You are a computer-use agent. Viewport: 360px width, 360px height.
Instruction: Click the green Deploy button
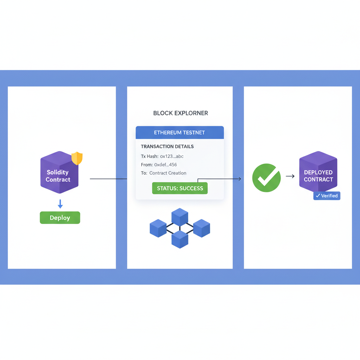tap(60, 218)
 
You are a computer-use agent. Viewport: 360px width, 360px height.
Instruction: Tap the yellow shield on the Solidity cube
tap(77, 158)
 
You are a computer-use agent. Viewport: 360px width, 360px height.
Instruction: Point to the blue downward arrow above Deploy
tap(60, 204)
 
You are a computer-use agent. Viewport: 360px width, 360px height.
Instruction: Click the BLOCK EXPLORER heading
tap(180, 113)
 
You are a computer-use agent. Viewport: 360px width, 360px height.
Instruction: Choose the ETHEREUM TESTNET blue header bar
tap(180, 133)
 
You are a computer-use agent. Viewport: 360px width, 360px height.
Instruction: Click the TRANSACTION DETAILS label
tap(167, 146)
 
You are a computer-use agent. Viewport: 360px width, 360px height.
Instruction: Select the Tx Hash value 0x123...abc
tap(172, 156)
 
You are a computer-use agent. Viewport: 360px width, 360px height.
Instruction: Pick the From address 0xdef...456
tap(165, 165)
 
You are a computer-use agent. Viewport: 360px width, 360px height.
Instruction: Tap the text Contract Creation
tap(168, 173)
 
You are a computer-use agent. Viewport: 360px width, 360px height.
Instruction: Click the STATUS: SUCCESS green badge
tap(180, 188)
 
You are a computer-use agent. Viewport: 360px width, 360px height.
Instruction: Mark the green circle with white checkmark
tap(266, 178)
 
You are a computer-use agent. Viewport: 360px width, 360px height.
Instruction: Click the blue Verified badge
tap(327, 196)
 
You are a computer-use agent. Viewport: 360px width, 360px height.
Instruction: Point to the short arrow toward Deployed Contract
tap(290, 176)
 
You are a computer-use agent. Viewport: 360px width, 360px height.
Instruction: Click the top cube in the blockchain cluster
tap(180, 217)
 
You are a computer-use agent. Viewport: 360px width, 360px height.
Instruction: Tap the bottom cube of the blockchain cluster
tap(180, 239)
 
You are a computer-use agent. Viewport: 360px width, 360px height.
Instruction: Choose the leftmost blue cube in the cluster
tap(158, 228)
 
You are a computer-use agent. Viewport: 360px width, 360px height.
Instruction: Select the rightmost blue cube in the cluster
tap(201, 228)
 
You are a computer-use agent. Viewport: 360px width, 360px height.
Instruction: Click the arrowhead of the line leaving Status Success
tap(240, 179)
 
